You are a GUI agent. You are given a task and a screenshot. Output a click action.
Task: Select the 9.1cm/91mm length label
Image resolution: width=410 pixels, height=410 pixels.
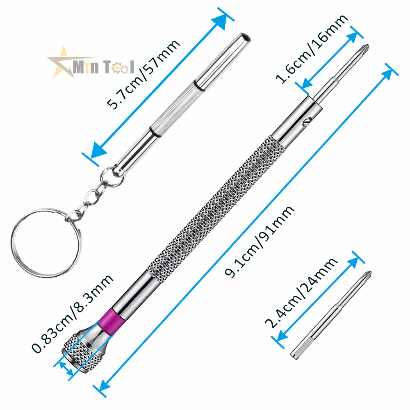(x=260, y=242)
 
